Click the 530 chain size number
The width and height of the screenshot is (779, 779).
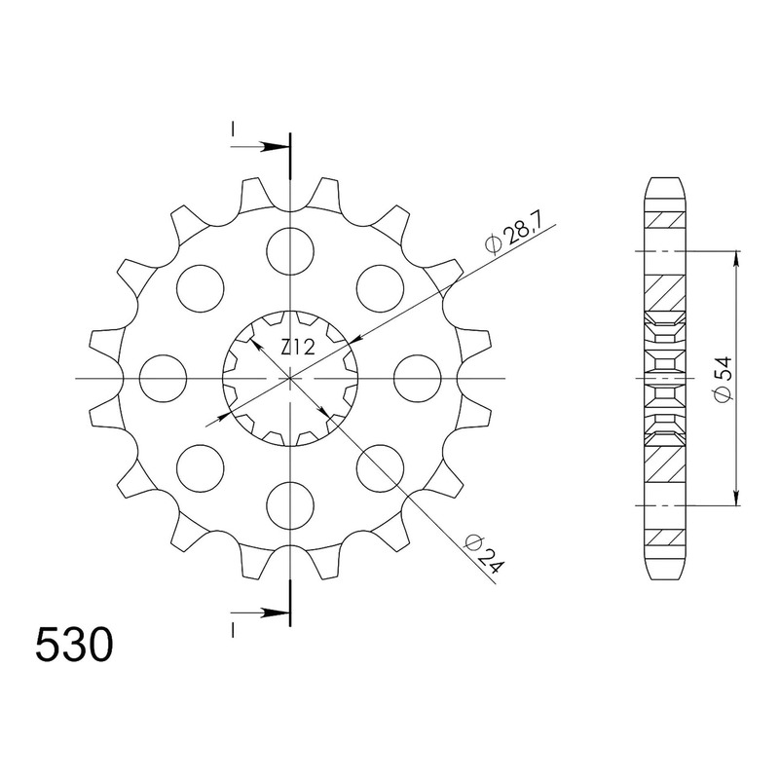pyautogui.click(x=75, y=645)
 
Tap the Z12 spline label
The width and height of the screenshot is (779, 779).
pyautogui.click(x=298, y=348)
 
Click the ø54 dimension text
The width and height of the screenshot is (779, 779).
pyautogui.click(x=723, y=378)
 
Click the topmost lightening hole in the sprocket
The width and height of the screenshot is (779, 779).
pyautogui.click(x=290, y=251)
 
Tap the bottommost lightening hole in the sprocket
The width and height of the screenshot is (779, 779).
pyautogui.click(x=290, y=505)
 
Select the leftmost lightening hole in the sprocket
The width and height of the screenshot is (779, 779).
pyautogui.click(x=164, y=378)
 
